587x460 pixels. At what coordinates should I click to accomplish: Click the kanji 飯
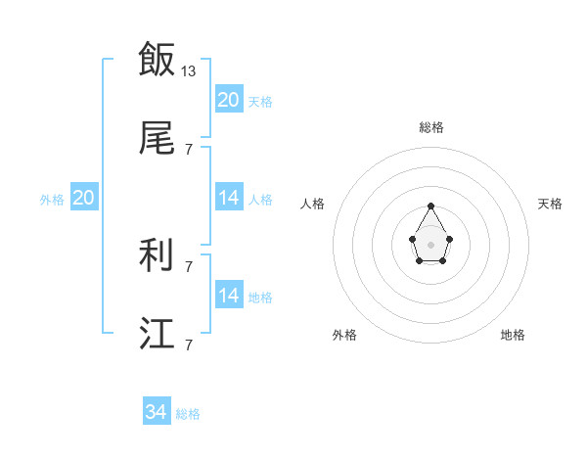tap(157, 60)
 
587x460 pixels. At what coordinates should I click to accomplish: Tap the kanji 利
tap(157, 255)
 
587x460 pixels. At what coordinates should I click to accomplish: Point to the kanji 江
tap(157, 334)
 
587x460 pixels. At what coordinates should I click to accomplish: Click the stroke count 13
tap(190, 71)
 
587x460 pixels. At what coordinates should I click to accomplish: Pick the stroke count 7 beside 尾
tap(188, 149)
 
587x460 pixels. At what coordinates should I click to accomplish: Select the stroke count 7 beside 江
tap(188, 345)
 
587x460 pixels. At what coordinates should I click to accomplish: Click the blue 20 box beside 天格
tap(229, 100)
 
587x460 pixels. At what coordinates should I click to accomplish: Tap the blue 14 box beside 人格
tap(229, 198)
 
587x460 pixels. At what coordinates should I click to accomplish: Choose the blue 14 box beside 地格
tap(229, 296)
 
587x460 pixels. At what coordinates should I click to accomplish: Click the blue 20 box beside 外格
tap(84, 198)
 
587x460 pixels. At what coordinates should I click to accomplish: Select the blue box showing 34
tap(157, 413)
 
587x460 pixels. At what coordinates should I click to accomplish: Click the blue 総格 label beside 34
tap(188, 414)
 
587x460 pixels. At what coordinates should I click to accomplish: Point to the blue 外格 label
tap(52, 199)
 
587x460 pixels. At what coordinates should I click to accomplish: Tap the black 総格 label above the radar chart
tap(430, 127)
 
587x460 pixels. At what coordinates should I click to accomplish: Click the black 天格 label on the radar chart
tap(550, 204)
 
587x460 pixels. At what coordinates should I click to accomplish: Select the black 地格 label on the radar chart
tap(513, 335)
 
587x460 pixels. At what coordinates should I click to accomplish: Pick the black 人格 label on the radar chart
tap(313, 204)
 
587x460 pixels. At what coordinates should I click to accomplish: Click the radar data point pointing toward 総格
tap(430, 206)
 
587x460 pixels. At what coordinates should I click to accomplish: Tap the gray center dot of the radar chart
tap(430, 243)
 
